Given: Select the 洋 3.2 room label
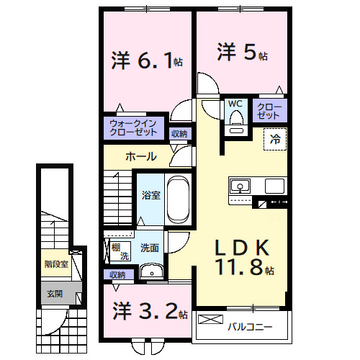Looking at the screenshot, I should (149, 311).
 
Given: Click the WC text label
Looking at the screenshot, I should (235, 104).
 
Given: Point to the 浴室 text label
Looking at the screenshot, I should (150, 194).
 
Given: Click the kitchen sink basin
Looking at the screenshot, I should (239, 187).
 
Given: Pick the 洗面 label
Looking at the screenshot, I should (150, 248).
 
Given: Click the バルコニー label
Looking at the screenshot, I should (251, 326).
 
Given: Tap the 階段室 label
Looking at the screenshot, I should (55, 264).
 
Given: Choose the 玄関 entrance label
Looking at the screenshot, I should (55, 293).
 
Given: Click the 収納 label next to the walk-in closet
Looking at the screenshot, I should (179, 133).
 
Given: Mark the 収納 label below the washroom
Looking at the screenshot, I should (117, 274).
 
